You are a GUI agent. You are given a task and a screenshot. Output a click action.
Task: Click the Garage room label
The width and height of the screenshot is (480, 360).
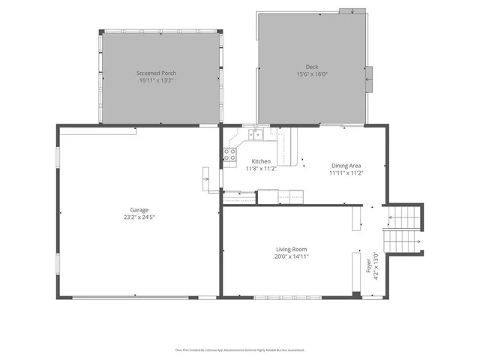139,210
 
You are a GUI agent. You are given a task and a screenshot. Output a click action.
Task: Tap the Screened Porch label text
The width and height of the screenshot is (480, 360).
157,73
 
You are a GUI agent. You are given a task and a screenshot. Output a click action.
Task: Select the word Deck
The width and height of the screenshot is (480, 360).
311,67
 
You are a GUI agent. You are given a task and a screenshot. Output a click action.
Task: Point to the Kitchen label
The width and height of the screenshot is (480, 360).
261,161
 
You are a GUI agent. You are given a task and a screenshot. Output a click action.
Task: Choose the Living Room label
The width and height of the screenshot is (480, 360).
291,249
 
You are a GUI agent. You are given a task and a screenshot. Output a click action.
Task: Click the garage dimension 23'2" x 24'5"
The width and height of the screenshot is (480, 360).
139,217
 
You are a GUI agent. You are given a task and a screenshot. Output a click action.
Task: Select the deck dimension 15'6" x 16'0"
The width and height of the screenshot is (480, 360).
311,74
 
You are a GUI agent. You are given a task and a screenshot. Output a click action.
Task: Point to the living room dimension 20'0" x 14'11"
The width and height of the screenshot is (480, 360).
291,256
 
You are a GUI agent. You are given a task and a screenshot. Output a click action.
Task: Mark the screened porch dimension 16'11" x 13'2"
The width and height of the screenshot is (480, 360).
157,80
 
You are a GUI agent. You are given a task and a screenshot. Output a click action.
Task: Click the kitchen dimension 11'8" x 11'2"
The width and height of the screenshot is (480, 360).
261,169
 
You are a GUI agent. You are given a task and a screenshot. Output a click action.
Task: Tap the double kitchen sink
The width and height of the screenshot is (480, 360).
257,134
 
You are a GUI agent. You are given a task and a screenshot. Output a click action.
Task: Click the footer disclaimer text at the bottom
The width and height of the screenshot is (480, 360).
240,349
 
